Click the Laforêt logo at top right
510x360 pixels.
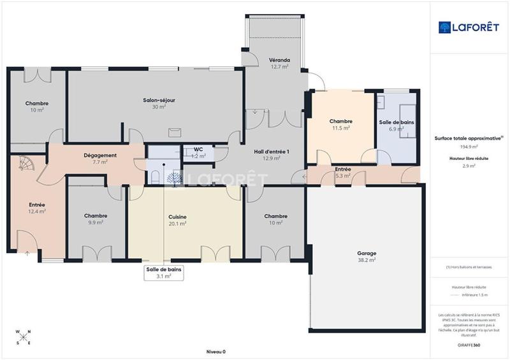click(x=469, y=27)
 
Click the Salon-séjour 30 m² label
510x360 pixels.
click(x=159, y=103)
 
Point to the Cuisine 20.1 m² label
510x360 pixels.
click(x=177, y=220)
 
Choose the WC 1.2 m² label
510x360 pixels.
click(x=199, y=153)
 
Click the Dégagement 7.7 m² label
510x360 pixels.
click(x=100, y=159)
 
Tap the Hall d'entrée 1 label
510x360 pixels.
click(x=272, y=155)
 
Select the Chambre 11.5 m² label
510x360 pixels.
click(x=340, y=124)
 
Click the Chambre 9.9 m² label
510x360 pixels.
click(x=96, y=219)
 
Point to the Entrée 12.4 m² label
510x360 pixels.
click(x=37, y=208)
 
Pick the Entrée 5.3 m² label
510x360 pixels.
click(x=342, y=171)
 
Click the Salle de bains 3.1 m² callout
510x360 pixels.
click(x=164, y=273)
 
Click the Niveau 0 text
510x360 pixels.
click(x=215, y=351)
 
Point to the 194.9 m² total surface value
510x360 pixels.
click(x=470, y=146)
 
